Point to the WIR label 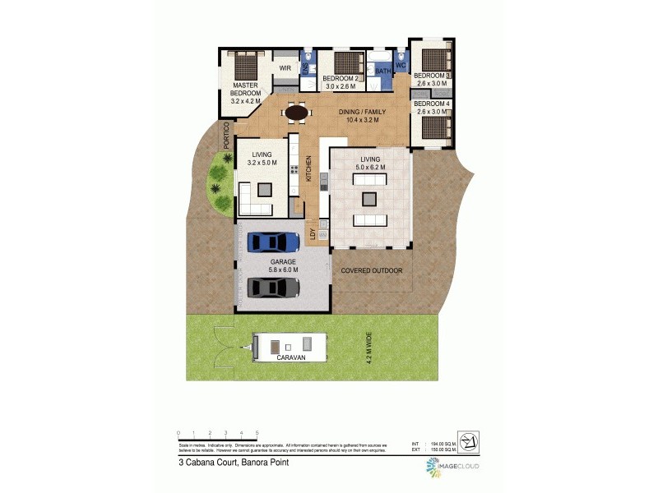285,68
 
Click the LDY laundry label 313,233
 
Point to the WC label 401,64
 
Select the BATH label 383,71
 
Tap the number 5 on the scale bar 257,432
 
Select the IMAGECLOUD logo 452,467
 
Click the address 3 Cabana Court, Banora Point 234,463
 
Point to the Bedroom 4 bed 434,127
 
